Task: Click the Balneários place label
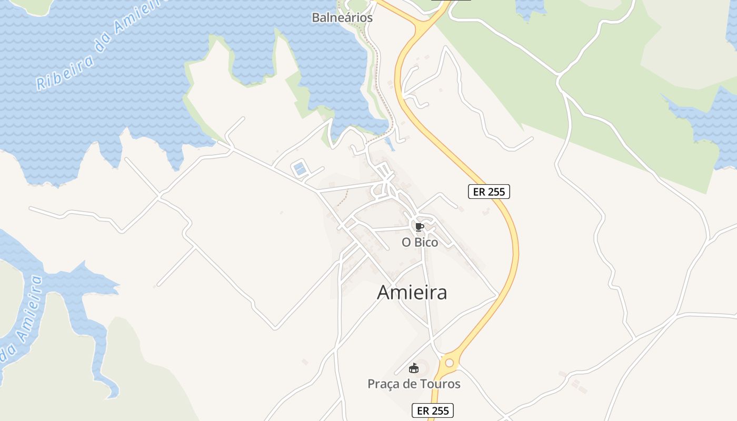(342, 17)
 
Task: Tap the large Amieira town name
(412, 293)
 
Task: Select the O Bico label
(420, 243)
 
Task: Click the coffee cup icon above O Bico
(419, 227)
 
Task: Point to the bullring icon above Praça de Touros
(414, 368)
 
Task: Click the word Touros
(440, 384)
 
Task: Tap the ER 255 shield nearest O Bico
(489, 192)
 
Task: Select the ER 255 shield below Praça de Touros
(432, 410)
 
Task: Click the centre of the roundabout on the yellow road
(449, 363)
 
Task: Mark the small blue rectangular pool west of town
(300, 169)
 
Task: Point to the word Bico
(426, 243)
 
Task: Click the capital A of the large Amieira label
(384, 293)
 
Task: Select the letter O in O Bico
(406, 243)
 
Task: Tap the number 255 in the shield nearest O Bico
(496, 192)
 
